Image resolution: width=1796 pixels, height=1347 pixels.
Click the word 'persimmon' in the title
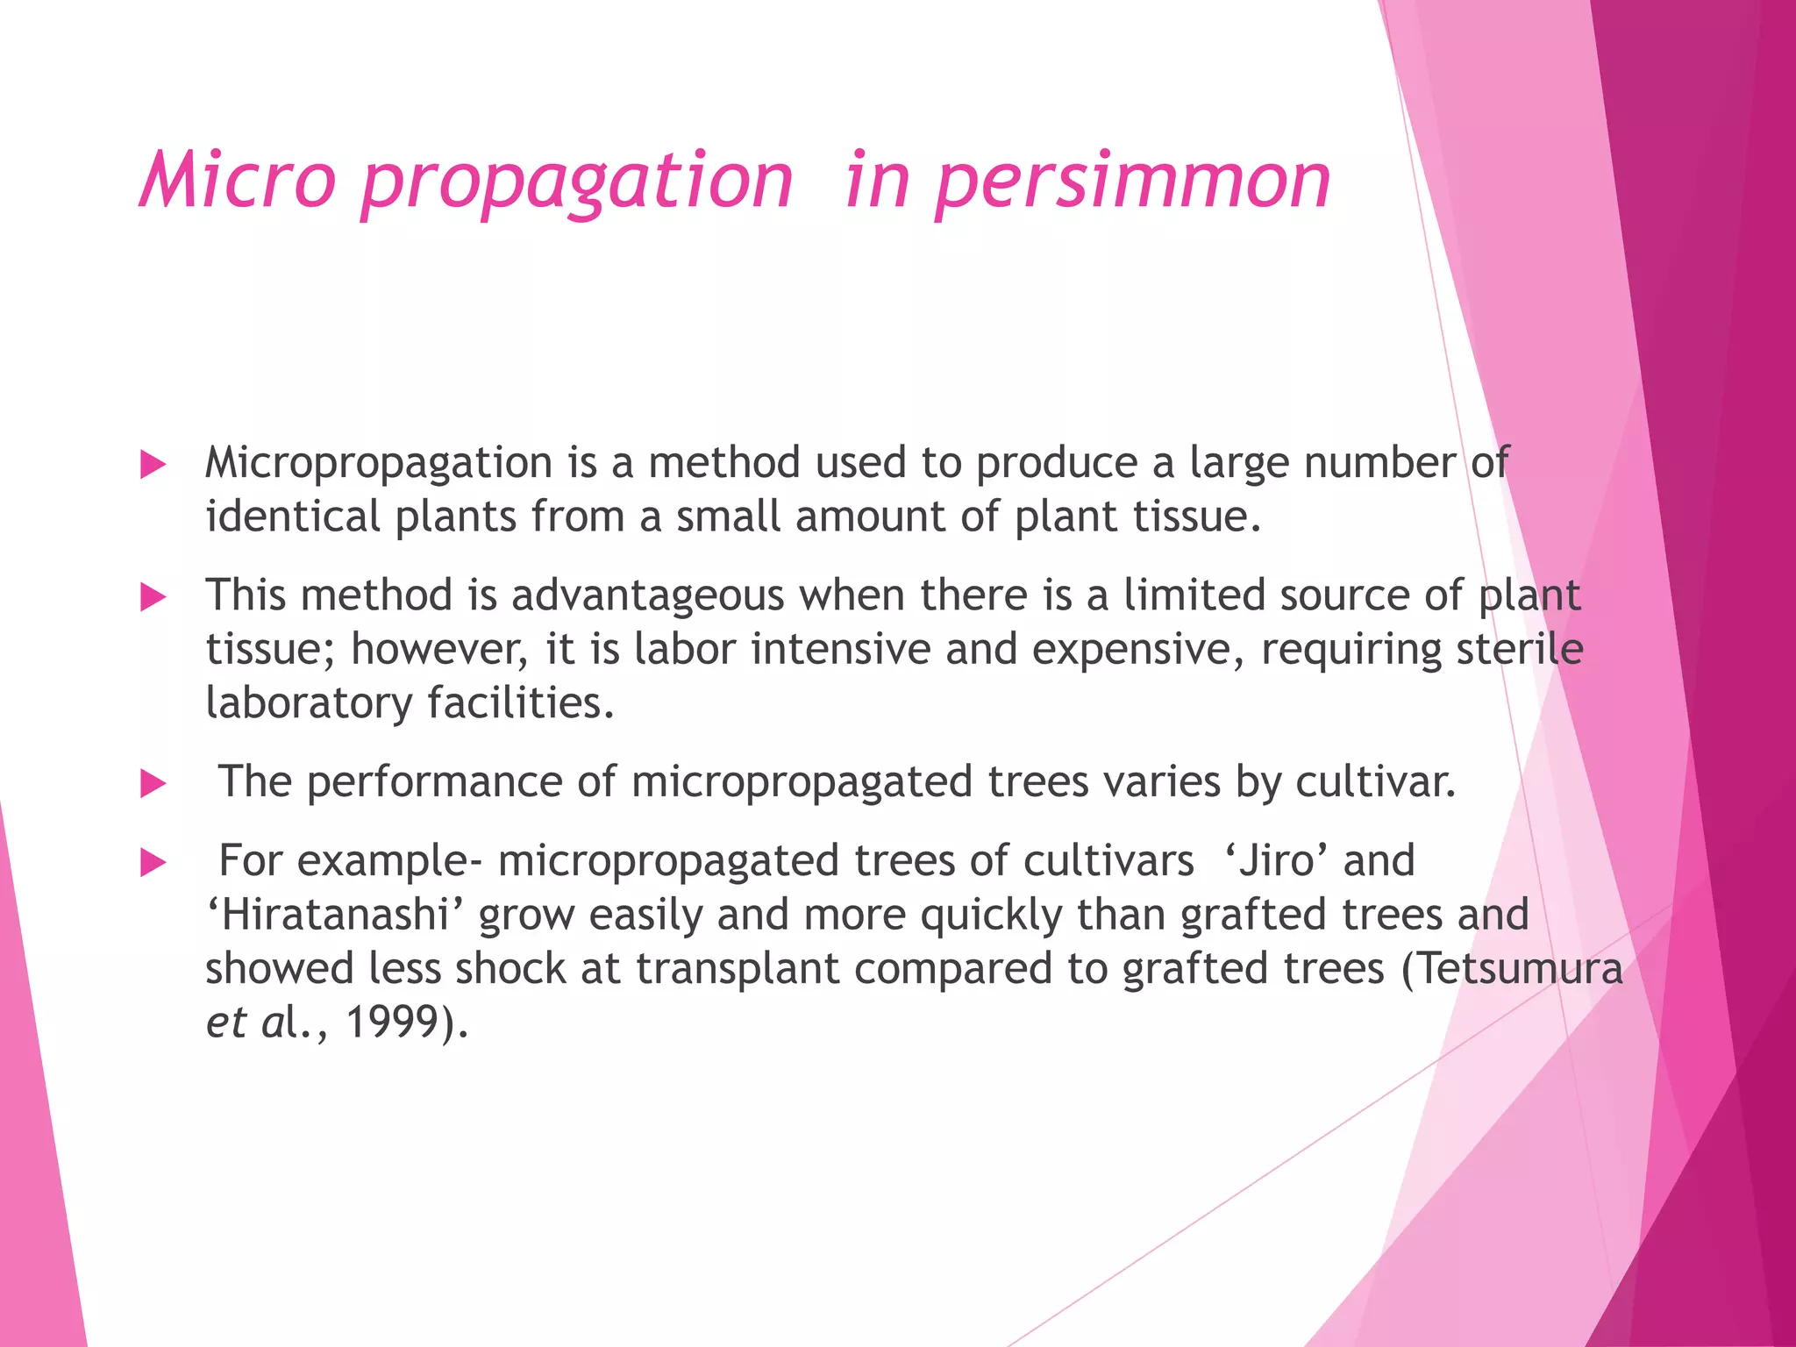click(x=1132, y=182)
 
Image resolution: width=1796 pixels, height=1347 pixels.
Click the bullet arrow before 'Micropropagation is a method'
click(x=153, y=465)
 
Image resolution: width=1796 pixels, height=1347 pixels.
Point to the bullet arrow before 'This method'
click(x=153, y=598)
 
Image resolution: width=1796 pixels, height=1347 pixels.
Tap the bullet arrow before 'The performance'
click(x=153, y=784)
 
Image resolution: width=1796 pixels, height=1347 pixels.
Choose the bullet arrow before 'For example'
click(x=153, y=863)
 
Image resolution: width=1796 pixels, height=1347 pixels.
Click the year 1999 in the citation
click(x=392, y=1022)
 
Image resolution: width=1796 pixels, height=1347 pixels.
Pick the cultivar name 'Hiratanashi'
click(x=334, y=915)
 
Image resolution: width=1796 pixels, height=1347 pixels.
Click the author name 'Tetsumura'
click(x=1521, y=968)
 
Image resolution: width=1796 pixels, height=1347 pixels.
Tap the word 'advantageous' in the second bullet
click(x=648, y=595)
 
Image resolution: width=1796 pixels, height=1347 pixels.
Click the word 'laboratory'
click(x=310, y=703)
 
